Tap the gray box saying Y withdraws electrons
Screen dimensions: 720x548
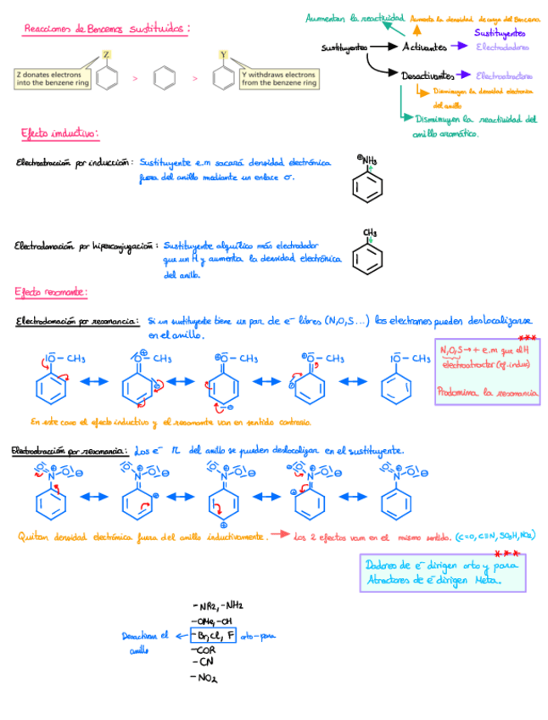[x=278, y=79]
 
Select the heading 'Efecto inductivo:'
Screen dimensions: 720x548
[x=59, y=133]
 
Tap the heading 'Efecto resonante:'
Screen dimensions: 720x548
[x=50, y=292]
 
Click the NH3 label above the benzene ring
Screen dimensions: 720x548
[x=368, y=160]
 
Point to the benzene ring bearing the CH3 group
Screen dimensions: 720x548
[x=367, y=258]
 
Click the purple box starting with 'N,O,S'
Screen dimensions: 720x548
[x=488, y=373]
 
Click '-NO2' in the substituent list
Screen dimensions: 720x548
[x=205, y=678]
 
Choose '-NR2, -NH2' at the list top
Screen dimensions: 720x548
[x=219, y=605]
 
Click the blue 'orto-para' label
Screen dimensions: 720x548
[x=260, y=634]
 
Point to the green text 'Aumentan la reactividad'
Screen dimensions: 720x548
[x=355, y=18]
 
